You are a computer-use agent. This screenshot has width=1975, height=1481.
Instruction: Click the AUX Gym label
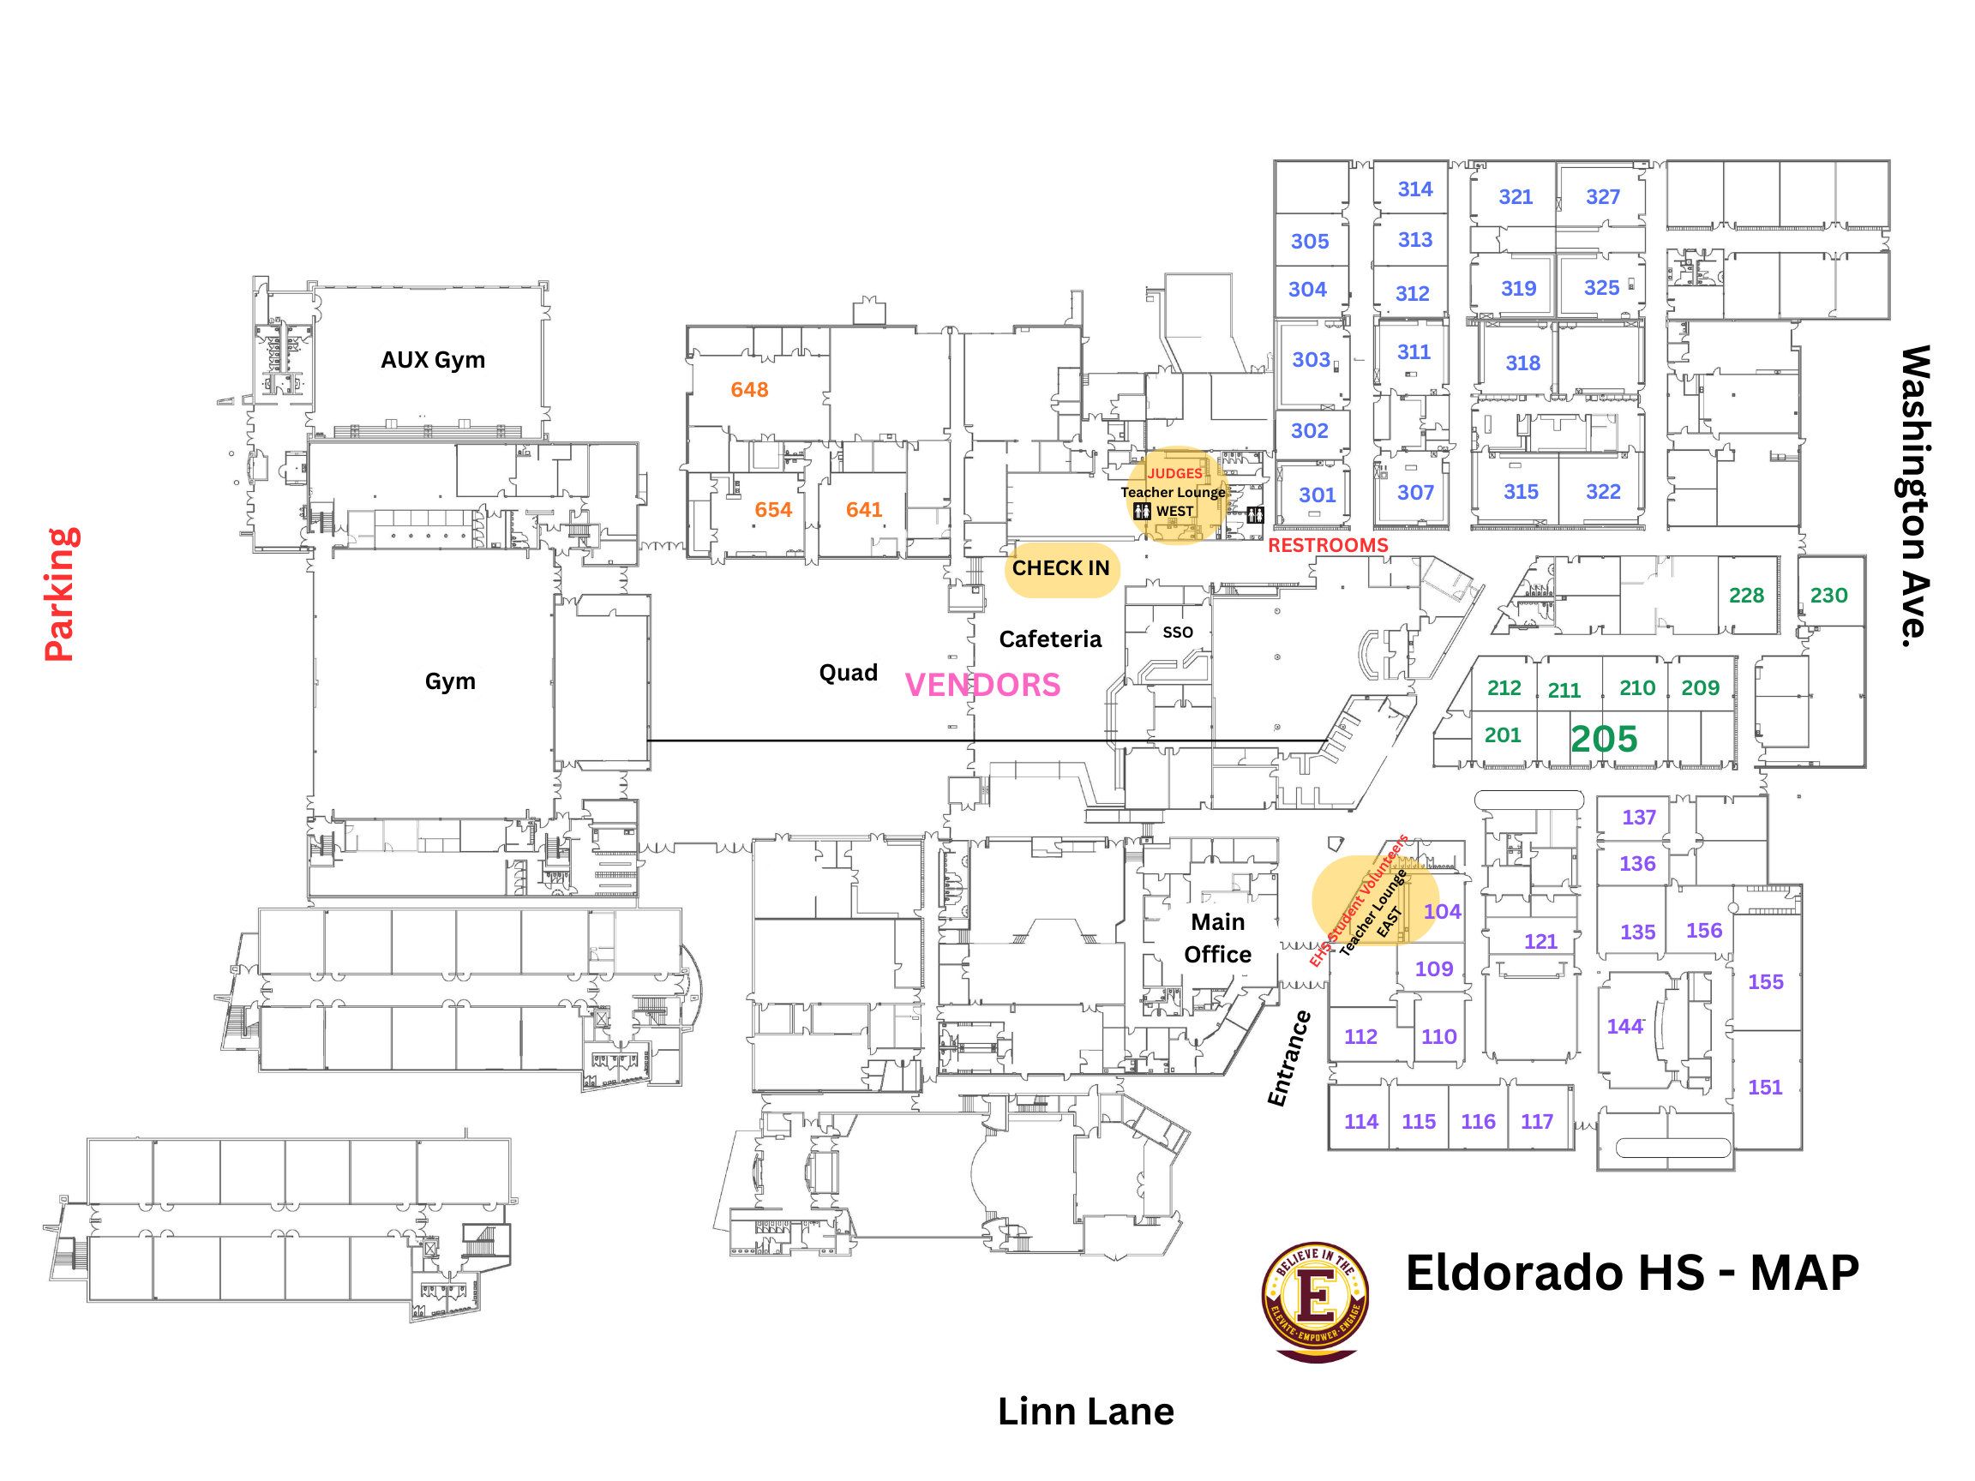(x=433, y=360)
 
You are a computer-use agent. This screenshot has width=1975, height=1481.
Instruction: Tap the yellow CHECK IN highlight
(x=1060, y=568)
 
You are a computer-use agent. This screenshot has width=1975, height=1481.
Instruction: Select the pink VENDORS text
(x=982, y=685)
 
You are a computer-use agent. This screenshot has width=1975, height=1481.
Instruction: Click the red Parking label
(x=61, y=595)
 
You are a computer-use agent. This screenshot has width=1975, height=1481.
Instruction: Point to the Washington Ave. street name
(x=1914, y=495)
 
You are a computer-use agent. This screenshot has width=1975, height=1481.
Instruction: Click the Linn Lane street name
(x=1085, y=1412)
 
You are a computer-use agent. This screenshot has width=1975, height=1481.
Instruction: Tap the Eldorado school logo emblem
(x=1315, y=1301)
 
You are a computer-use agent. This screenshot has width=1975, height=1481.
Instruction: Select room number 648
(x=749, y=390)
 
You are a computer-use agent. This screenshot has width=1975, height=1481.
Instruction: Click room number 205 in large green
(x=1604, y=739)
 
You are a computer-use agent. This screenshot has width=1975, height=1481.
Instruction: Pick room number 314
(x=1414, y=189)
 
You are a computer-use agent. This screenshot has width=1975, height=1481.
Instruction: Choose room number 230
(x=1828, y=596)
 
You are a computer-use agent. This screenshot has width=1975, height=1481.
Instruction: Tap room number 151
(x=1764, y=1088)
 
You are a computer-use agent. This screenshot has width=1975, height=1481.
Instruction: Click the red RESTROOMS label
(x=1328, y=545)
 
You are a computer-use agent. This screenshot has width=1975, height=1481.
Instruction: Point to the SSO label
(x=1178, y=632)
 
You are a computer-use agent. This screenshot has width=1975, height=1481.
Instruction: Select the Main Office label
(x=1217, y=938)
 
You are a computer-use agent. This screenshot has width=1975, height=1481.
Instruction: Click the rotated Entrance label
(x=1289, y=1058)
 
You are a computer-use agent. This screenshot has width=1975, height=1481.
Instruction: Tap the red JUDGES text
(x=1174, y=473)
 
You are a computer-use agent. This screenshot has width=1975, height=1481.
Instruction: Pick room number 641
(x=863, y=510)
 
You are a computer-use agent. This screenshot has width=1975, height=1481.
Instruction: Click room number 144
(x=1624, y=1027)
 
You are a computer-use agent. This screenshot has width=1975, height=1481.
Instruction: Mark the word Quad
(x=849, y=673)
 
